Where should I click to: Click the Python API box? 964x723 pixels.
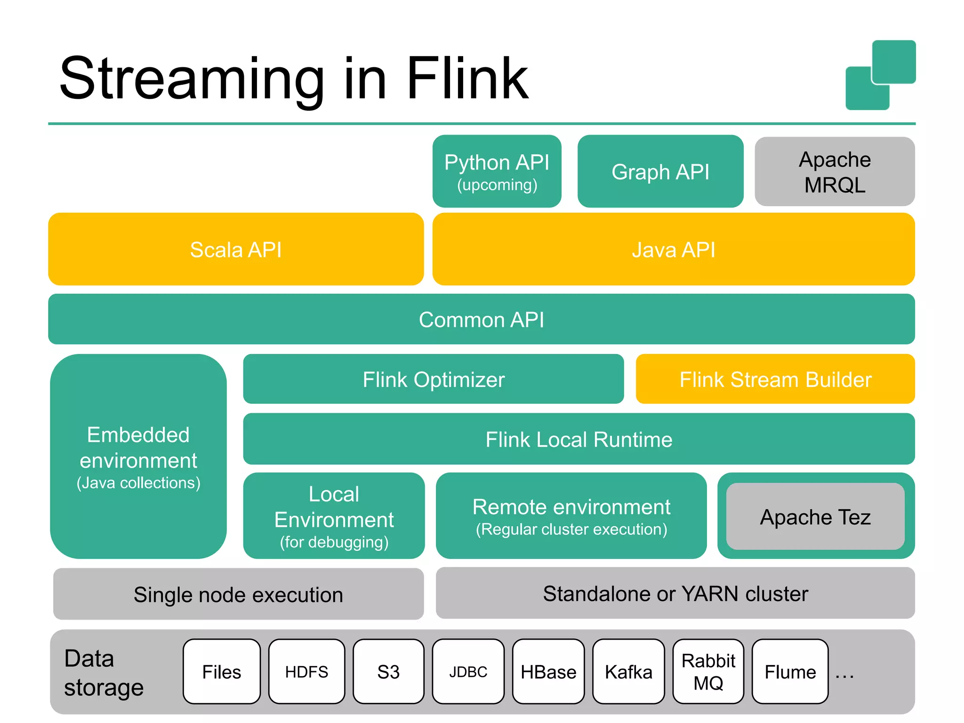coord(497,171)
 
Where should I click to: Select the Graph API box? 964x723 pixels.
coord(660,171)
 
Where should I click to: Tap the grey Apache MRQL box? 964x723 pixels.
coord(834,171)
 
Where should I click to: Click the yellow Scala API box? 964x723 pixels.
coord(235,249)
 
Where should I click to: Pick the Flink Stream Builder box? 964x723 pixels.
coord(775,379)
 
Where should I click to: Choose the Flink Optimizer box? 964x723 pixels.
coord(433,379)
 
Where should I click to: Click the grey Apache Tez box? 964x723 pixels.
coord(815,516)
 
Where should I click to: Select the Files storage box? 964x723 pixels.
coord(221,671)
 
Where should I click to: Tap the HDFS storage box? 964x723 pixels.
coord(306,671)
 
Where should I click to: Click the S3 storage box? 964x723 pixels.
coord(388,671)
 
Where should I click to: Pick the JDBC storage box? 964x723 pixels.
coord(468,671)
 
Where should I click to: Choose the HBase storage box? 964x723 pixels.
coord(548,671)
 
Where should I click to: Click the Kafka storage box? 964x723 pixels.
coord(628,671)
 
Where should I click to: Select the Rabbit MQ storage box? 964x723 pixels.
coord(708,671)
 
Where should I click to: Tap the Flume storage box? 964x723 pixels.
coord(790,671)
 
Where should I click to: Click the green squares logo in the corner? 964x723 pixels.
coord(880,75)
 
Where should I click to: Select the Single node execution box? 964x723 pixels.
coord(238,594)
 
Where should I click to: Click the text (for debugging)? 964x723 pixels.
coord(334,542)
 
